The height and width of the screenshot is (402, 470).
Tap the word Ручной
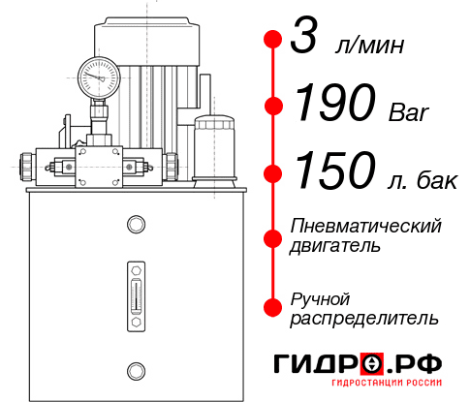click(320, 297)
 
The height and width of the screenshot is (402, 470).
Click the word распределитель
click(363, 317)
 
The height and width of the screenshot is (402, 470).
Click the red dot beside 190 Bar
click(273, 105)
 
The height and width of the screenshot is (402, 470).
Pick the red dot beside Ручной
click(273, 306)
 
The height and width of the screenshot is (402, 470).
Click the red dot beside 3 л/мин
click(273, 40)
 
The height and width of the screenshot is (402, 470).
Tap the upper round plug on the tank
click(136, 225)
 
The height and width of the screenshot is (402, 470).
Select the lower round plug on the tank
click(136, 368)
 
